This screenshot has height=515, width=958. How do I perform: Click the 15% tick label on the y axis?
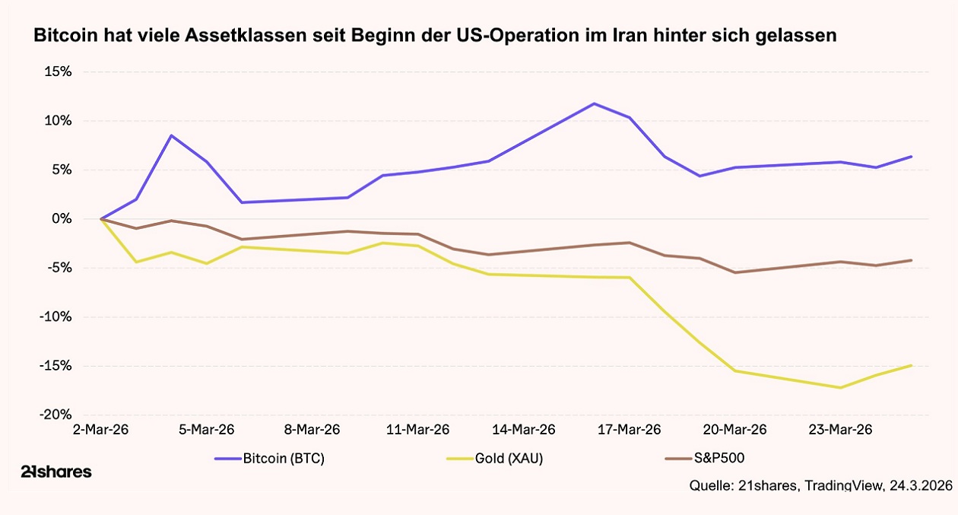point(57,72)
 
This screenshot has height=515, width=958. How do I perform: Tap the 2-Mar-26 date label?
point(100,430)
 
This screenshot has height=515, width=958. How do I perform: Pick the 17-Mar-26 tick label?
point(629,430)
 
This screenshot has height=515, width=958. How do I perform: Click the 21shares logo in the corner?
point(56,472)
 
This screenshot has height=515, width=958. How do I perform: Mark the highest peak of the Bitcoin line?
point(594,103)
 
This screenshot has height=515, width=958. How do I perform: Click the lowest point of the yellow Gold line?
point(840,387)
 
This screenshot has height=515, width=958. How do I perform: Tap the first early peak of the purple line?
point(172,135)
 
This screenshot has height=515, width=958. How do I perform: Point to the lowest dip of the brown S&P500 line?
point(734,272)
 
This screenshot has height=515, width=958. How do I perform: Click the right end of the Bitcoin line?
point(911,157)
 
